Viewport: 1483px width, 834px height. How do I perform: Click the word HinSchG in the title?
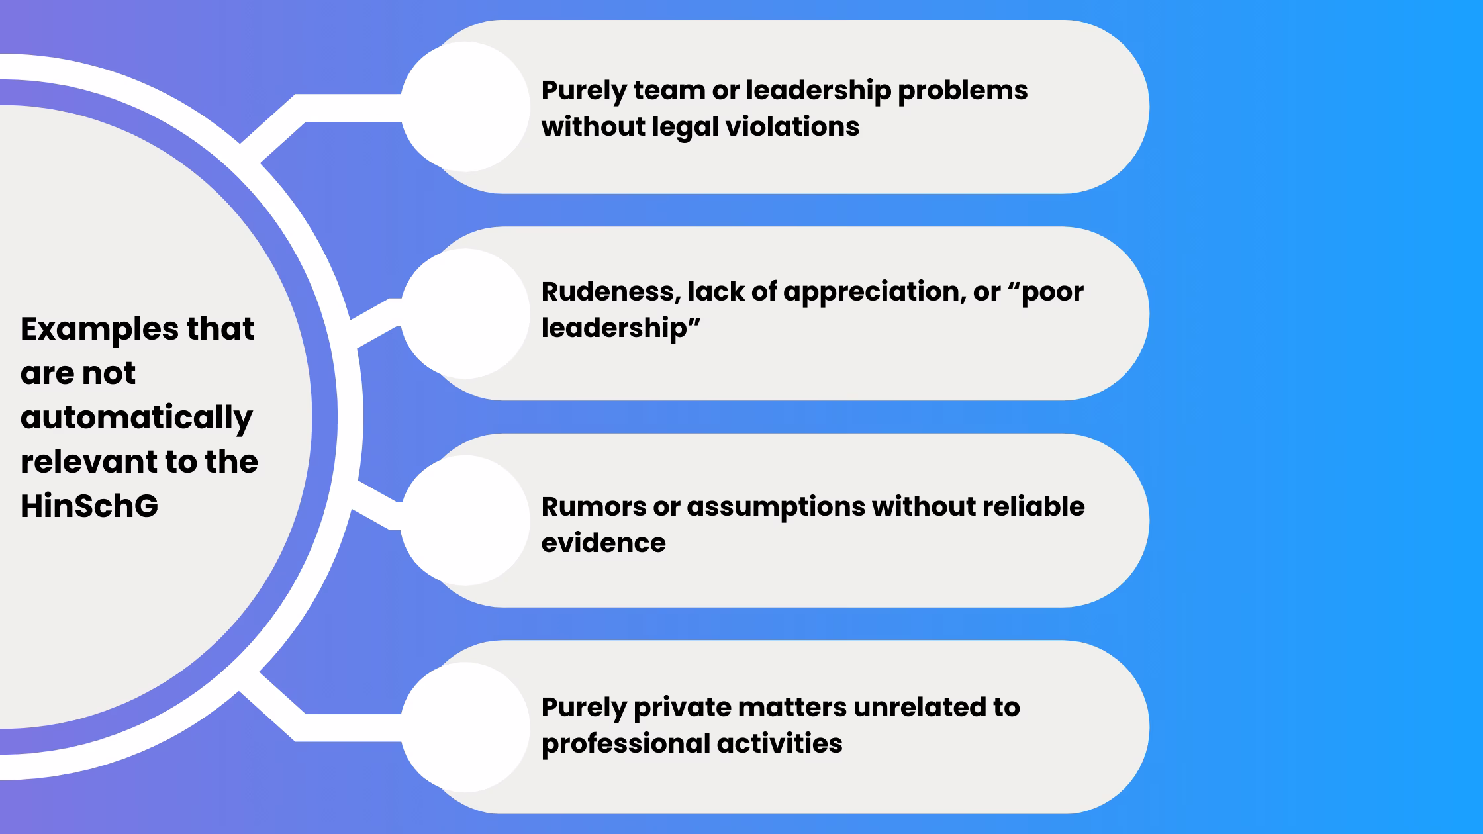click(x=89, y=506)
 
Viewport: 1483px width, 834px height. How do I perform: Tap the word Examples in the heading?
click(x=99, y=329)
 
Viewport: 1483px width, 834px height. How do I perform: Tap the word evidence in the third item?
click(x=603, y=543)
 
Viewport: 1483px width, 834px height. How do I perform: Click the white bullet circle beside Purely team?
click(x=465, y=107)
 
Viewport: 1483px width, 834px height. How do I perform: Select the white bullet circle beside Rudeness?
click(x=465, y=314)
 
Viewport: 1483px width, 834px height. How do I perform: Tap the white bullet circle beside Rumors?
click(x=465, y=520)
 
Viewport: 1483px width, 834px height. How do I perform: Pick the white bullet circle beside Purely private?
click(x=465, y=727)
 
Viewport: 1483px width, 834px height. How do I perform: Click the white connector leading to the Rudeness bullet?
click(x=374, y=322)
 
